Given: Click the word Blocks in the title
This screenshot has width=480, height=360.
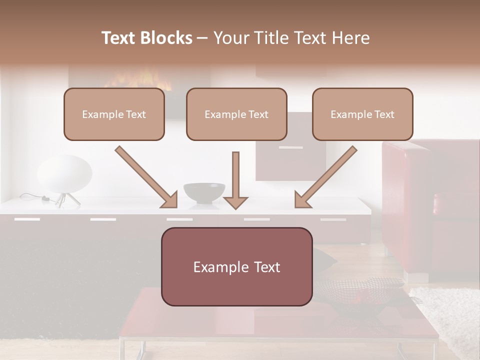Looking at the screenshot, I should pyautogui.click(x=166, y=38).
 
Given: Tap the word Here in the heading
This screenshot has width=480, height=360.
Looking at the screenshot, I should pyautogui.click(x=349, y=38).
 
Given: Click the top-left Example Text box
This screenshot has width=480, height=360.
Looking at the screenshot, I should pyautogui.click(x=114, y=114).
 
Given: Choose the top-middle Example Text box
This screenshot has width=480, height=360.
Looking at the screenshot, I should pyautogui.click(x=236, y=114).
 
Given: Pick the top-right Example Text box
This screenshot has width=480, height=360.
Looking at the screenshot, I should pyautogui.click(x=362, y=114).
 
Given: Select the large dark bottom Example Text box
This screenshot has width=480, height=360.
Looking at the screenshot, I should pyautogui.click(x=236, y=266).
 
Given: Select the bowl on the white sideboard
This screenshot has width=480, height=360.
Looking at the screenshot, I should pyautogui.click(x=204, y=192).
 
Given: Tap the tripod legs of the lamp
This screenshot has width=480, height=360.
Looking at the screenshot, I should pyautogui.click(x=67, y=199).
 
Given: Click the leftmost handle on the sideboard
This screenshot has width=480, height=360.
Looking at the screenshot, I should pyautogui.click(x=27, y=219).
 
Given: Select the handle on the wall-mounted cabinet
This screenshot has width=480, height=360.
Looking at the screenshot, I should pyautogui.click(x=290, y=147).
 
